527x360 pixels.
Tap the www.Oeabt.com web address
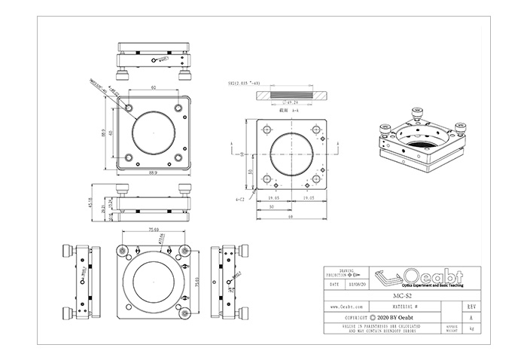click(x=346, y=307)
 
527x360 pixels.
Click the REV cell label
click(x=471, y=307)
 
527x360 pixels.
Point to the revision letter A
click(x=471, y=318)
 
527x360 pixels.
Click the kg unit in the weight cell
click(x=471, y=329)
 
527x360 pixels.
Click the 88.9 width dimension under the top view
click(x=154, y=172)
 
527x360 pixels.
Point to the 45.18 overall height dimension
click(x=92, y=204)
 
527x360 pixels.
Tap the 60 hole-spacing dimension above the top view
click(x=154, y=88)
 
